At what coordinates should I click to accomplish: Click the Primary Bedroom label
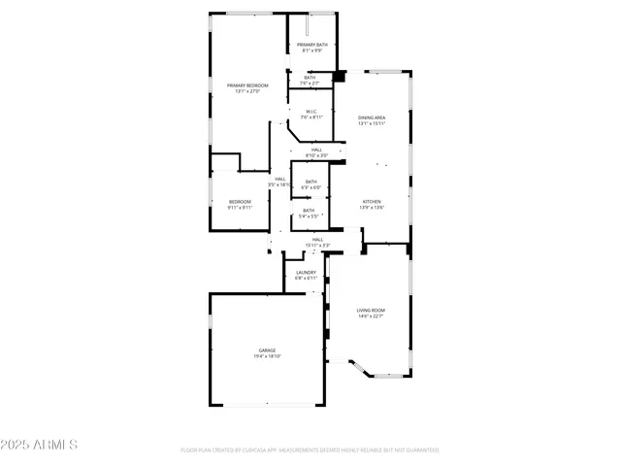click(x=247, y=85)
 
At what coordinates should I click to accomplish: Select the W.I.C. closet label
click(x=310, y=112)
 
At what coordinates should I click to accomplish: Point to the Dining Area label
click(x=372, y=117)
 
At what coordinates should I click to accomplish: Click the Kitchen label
click(x=373, y=201)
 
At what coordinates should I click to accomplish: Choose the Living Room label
click(x=371, y=310)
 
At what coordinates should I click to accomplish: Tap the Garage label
click(x=267, y=349)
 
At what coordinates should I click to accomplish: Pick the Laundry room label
click(x=306, y=273)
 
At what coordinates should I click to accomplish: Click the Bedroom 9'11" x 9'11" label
click(x=240, y=201)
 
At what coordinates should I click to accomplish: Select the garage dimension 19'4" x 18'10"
click(x=267, y=356)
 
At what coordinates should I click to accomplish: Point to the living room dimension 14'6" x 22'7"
click(x=371, y=316)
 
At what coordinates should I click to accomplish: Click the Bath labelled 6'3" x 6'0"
click(x=310, y=182)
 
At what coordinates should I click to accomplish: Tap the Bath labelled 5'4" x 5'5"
click(x=308, y=210)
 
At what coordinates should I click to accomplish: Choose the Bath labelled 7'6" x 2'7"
click(x=310, y=78)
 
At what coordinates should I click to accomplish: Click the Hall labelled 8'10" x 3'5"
click(x=316, y=150)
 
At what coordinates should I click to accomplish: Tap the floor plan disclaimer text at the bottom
click(x=310, y=450)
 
